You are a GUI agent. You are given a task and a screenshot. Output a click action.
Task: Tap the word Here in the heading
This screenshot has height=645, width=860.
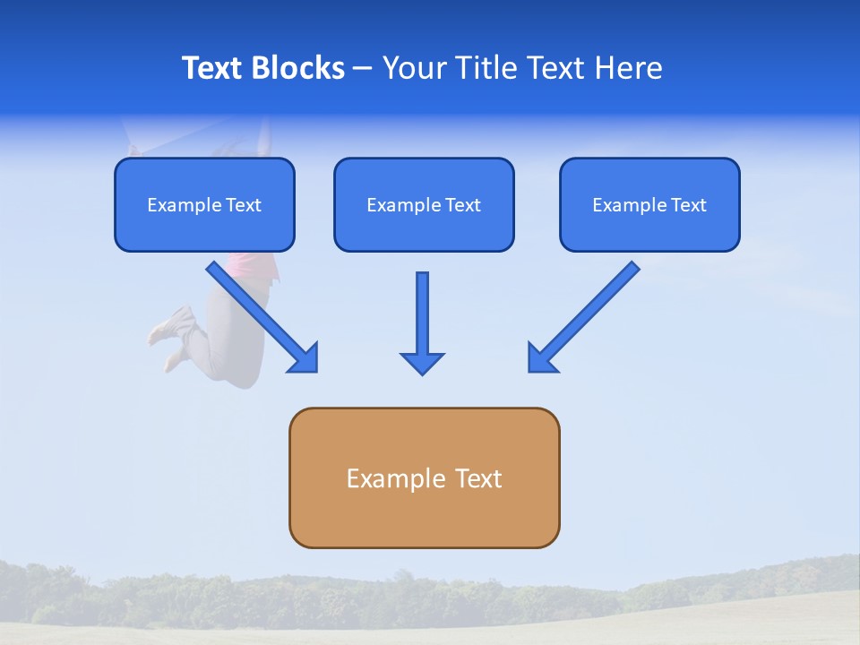click(631, 68)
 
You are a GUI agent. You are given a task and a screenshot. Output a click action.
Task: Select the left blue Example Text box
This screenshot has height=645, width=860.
click(204, 204)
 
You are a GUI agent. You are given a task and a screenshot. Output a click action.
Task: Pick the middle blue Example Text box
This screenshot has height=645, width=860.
click(424, 204)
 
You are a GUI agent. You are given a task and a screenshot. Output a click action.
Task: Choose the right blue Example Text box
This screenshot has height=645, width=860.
click(649, 204)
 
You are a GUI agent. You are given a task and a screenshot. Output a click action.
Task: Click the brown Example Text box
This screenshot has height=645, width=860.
click(424, 477)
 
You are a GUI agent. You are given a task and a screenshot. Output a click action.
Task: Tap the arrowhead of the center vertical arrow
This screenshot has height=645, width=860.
click(422, 362)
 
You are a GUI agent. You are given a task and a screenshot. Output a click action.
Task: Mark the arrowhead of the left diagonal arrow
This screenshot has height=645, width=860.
click(305, 358)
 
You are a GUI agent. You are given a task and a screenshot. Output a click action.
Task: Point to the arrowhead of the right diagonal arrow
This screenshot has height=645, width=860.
click(541, 358)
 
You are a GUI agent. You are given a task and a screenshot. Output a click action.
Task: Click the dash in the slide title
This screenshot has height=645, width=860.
click(363, 69)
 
